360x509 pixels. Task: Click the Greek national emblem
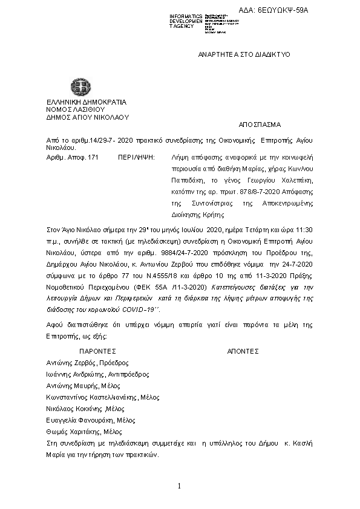pos(79,86)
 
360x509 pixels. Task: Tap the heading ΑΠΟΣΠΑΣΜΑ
pos(260,125)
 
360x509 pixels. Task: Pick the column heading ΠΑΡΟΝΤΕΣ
pos(97,351)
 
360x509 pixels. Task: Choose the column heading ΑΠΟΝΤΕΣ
pos(243,351)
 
